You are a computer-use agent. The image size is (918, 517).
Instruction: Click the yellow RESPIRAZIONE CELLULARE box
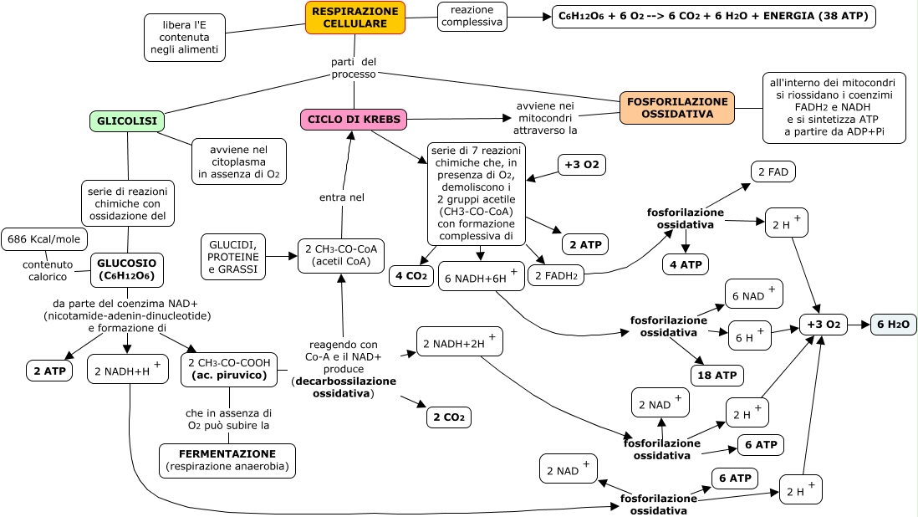[x=354, y=18]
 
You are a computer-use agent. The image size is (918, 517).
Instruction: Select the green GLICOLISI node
[x=127, y=121]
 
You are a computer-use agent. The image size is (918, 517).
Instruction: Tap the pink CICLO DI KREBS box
[x=354, y=120]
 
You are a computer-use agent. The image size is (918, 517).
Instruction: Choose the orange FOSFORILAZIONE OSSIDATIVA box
[x=676, y=108]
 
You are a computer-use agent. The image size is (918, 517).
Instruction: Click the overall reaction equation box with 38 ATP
[x=714, y=16]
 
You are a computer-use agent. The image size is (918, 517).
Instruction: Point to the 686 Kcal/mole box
[x=43, y=239]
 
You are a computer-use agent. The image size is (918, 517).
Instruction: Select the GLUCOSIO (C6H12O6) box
[x=125, y=268]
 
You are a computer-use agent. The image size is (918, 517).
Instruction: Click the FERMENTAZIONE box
[x=227, y=460]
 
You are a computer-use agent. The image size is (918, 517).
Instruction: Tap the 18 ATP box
[x=717, y=375]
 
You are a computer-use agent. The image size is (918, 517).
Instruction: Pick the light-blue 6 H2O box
[x=893, y=325]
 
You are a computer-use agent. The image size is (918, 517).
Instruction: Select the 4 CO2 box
[x=411, y=276]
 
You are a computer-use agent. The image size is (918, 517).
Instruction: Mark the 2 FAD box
[x=773, y=172]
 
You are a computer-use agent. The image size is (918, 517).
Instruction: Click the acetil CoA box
[x=341, y=256]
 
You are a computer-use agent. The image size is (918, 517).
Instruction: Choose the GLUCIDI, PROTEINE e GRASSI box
[x=233, y=256]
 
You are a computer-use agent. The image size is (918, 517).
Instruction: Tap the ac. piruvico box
[x=229, y=369]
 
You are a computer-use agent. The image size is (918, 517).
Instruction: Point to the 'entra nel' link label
[x=341, y=197]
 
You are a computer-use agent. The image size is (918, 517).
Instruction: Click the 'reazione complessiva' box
[x=472, y=16]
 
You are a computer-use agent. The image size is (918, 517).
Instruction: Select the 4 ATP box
[x=686, y=265]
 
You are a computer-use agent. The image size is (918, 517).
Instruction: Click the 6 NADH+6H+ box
[x=482, y=277]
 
